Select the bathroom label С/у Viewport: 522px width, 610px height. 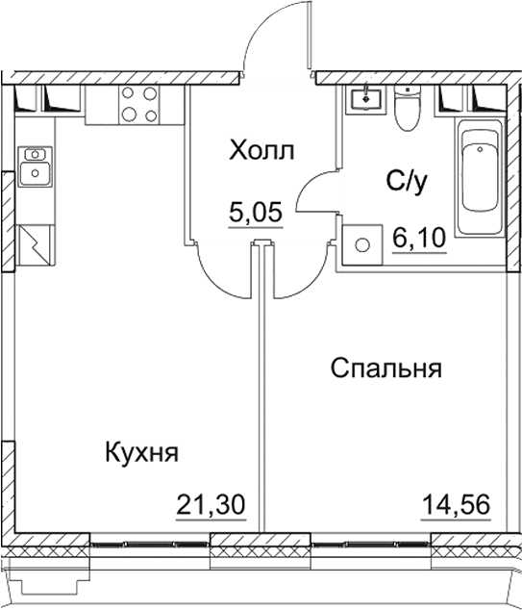point(405,179)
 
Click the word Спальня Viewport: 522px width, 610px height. point(385,369)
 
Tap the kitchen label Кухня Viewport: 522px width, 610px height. point(140,453)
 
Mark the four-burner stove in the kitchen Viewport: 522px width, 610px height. point(140,103)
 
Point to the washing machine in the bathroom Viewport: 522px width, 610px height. point(361,243)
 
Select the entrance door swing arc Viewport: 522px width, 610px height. point(274,38)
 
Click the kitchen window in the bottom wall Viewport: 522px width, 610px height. point(150,545)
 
